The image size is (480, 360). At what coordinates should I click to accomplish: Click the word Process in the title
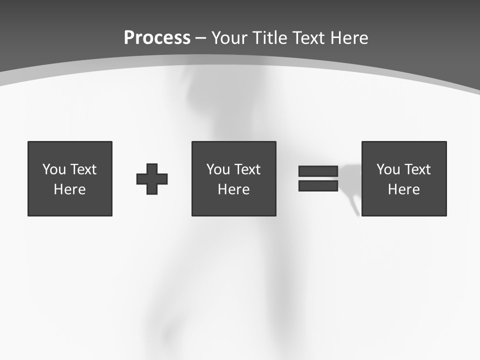pos(157,38)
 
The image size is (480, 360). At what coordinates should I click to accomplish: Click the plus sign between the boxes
pos(152,179)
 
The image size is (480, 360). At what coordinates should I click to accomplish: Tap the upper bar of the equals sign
pos(318,171)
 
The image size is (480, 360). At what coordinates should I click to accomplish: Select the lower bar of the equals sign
pos(318,185)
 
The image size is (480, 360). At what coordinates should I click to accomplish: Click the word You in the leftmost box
pos(54,169)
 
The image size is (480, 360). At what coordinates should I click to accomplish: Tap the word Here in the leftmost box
pos(70,189)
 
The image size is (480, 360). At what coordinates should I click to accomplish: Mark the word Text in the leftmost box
pos(83,169)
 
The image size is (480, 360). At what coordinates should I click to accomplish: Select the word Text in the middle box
pos(247,169)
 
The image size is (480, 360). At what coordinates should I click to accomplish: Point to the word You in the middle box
pos(218,169)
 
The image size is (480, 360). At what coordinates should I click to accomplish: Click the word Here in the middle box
pos(233,189)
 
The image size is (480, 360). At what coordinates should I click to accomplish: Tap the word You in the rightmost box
pos(388,169)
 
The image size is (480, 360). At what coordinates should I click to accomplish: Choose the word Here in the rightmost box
pos(404,189)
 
